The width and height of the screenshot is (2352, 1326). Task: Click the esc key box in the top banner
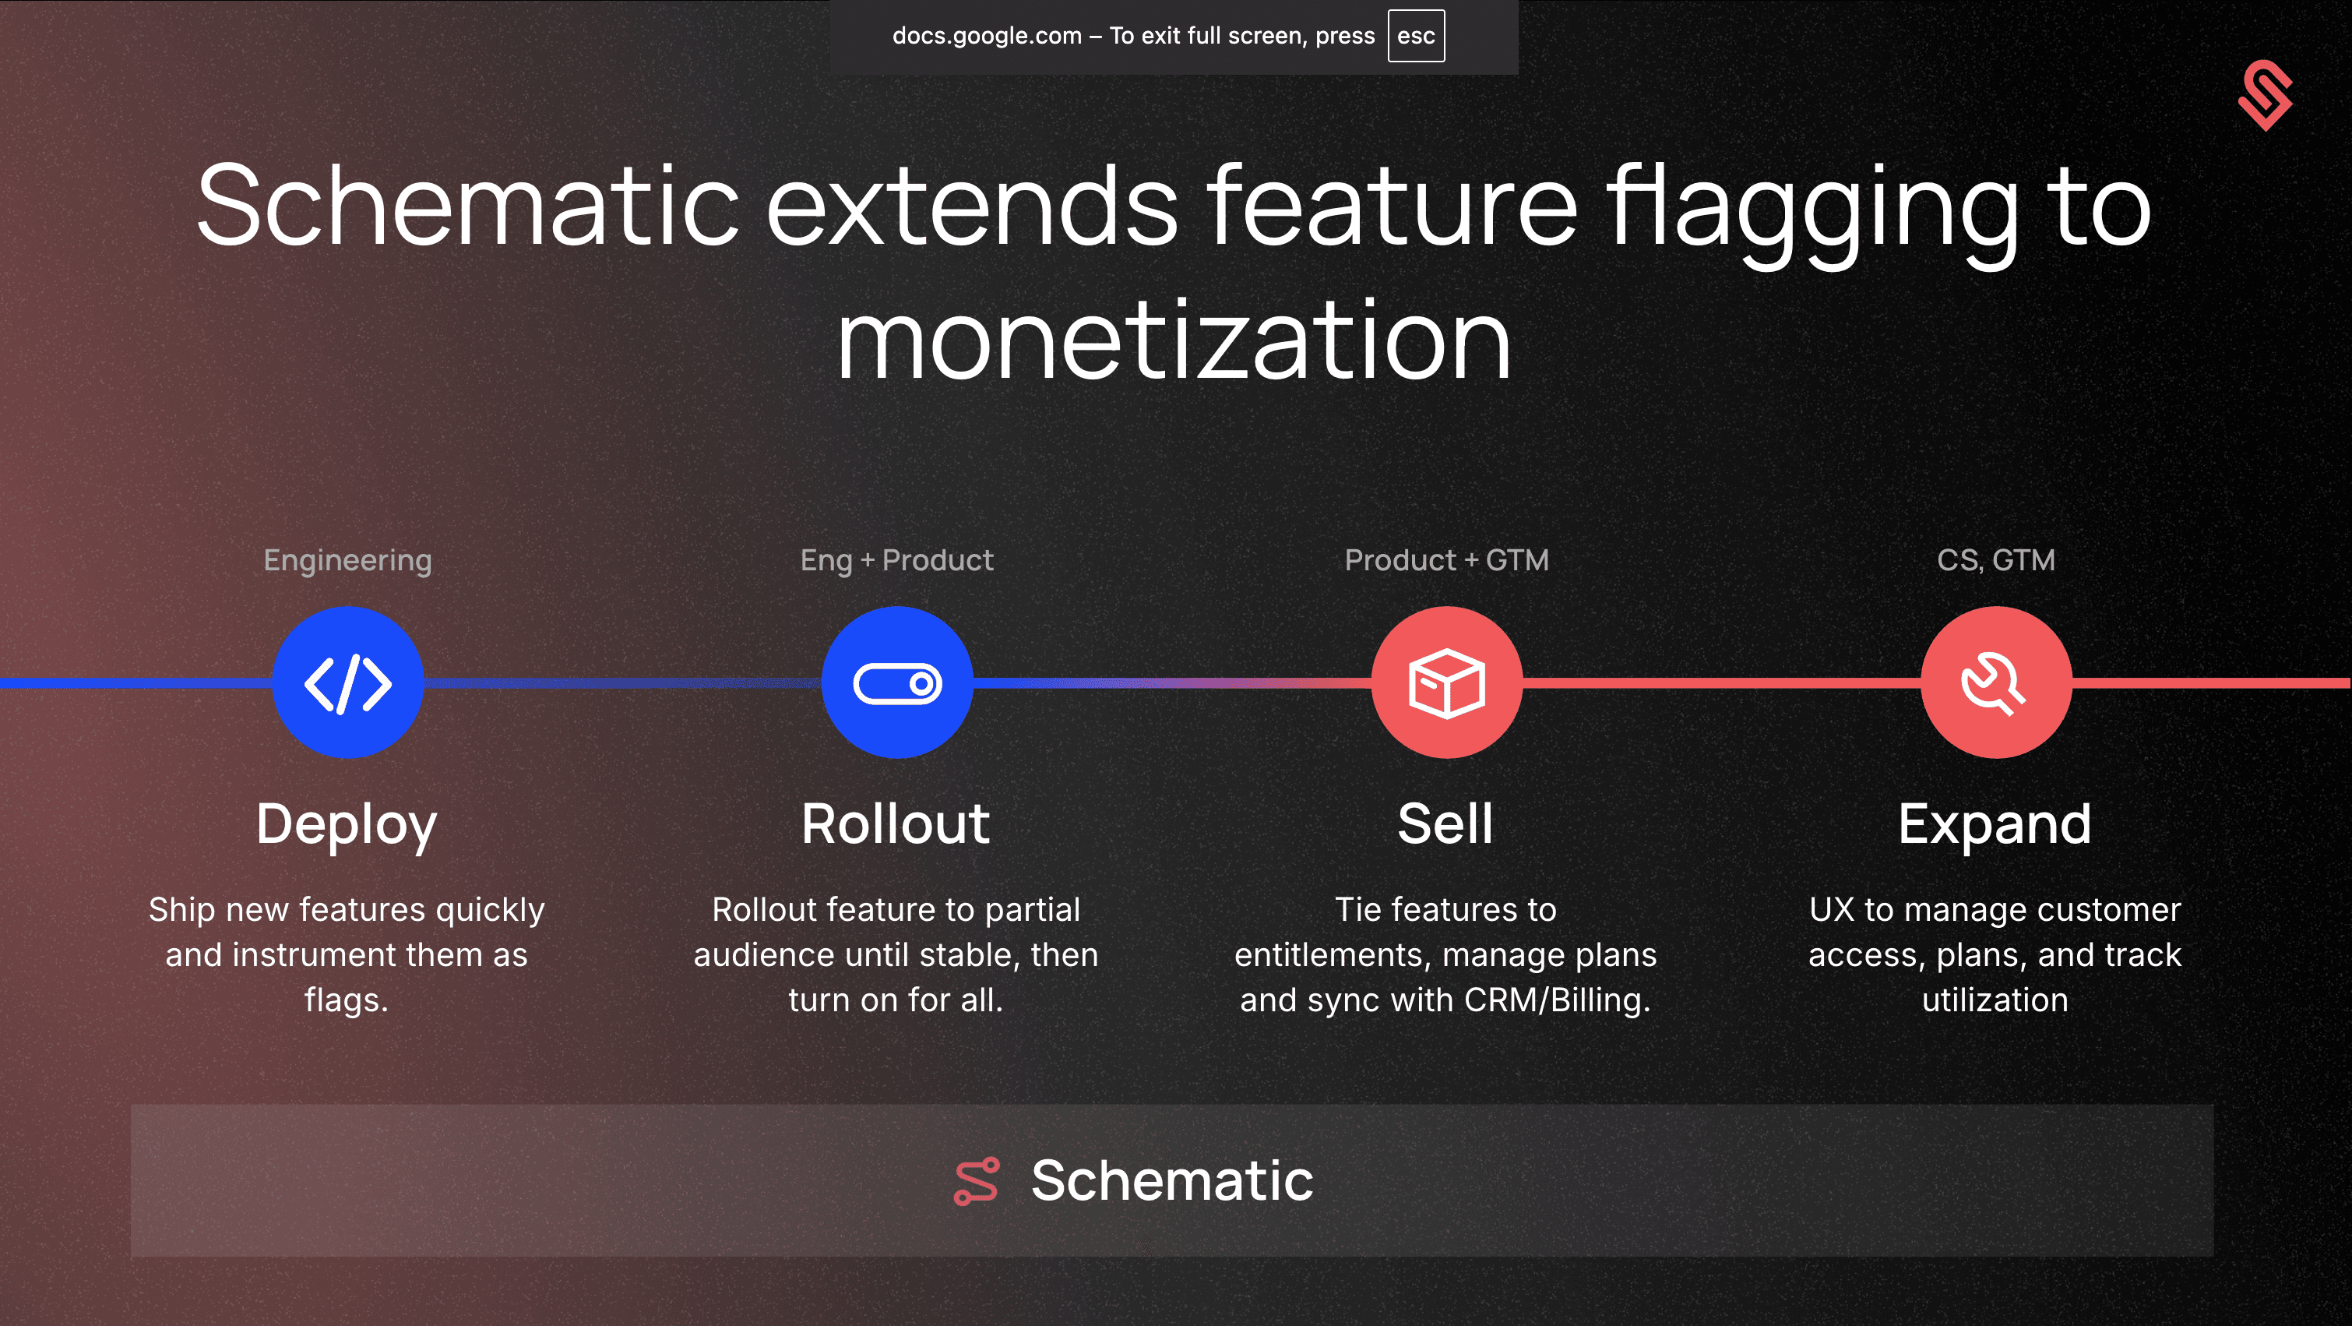click(1416, 36)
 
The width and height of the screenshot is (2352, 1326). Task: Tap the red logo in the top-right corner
click(2266, 95)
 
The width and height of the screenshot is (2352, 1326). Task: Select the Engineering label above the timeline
click(348, 561)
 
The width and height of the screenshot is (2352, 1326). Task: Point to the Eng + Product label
click(896, 560)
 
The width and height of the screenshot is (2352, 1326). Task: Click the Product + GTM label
click(1447, 560)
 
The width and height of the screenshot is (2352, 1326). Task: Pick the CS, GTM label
click(1997, 560)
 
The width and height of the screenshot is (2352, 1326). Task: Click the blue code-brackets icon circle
click(348, 682)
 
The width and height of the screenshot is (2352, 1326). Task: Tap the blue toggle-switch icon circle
click(897, 682)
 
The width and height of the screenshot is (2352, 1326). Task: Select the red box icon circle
click(1447, 682)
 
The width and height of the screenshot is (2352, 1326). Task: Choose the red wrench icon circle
click(1997, 682)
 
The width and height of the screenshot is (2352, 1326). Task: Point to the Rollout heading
click(896, 823)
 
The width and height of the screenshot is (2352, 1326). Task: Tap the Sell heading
click(1446, 823)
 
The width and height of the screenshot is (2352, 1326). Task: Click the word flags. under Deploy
click(347, 1001)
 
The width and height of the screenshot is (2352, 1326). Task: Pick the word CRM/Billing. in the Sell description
click(1558, 1001)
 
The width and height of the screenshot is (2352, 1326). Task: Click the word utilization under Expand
click(1995, 1000)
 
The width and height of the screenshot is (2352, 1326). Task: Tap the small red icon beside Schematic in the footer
click(977, 1182)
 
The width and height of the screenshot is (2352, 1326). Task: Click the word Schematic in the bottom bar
click(1172, 1181)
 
